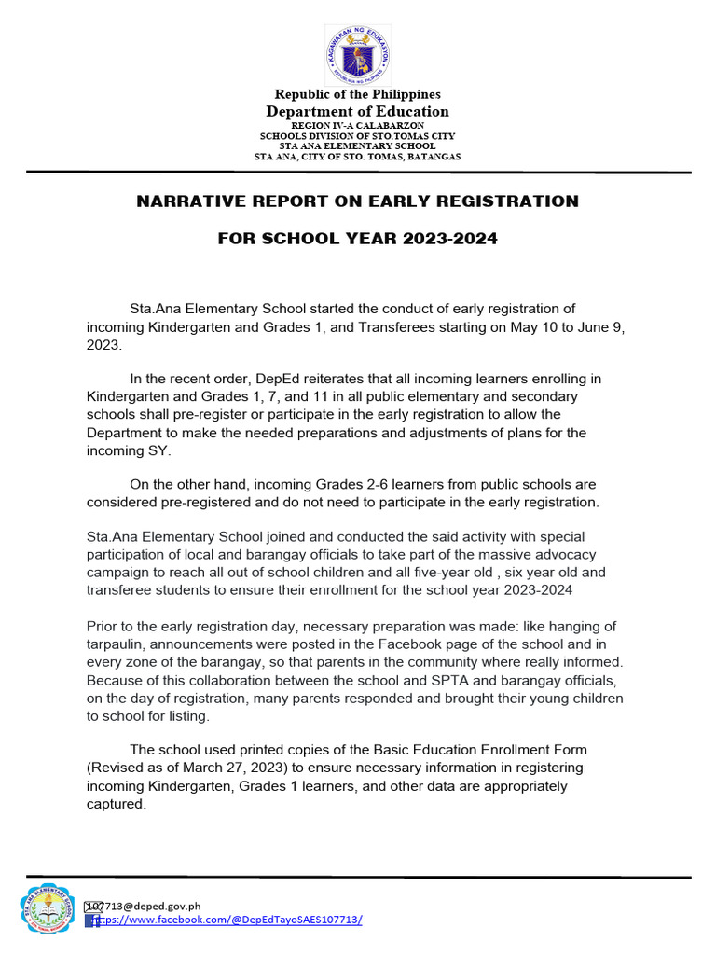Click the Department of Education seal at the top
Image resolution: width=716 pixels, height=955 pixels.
click(x=357, y=55)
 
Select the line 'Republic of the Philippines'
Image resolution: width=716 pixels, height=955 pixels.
click(x=357, y=94)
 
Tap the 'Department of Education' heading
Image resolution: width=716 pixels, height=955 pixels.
click(x=357, y=112)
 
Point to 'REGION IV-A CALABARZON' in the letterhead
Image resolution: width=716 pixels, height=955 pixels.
click(x=357, y=125)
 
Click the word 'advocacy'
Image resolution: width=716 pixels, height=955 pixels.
click(x=559, y=555)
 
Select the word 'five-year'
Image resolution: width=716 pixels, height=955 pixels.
click(x=387, y=573)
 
